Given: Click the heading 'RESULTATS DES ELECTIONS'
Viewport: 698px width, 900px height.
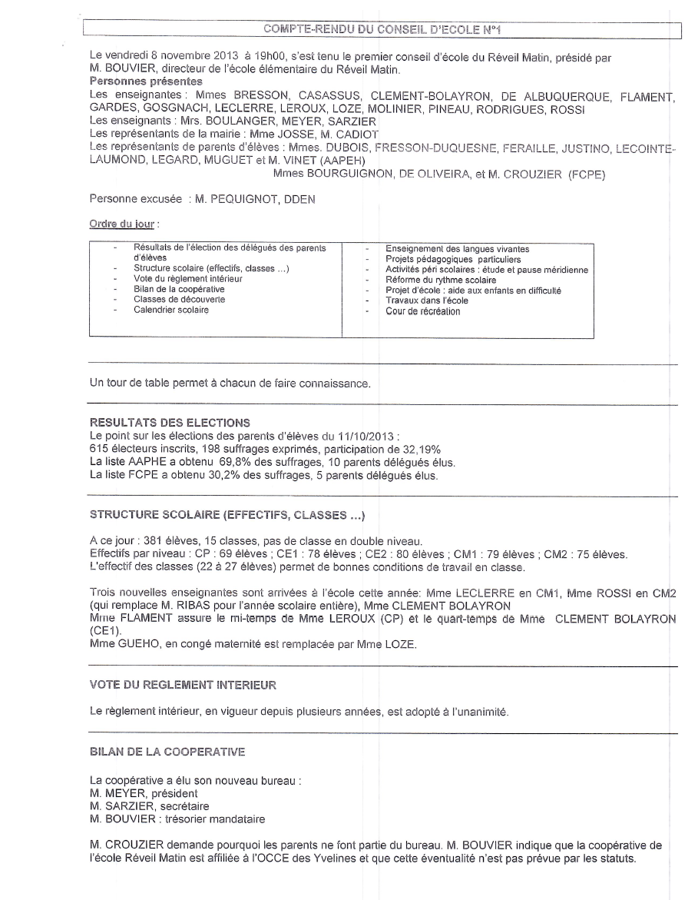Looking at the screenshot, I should (170, 422).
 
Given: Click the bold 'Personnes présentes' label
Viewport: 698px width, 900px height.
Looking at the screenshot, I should (146, 81).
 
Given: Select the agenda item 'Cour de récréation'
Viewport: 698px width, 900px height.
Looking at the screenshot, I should (422, 311).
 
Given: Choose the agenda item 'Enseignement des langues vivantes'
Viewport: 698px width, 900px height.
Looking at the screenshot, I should (457, 248).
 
